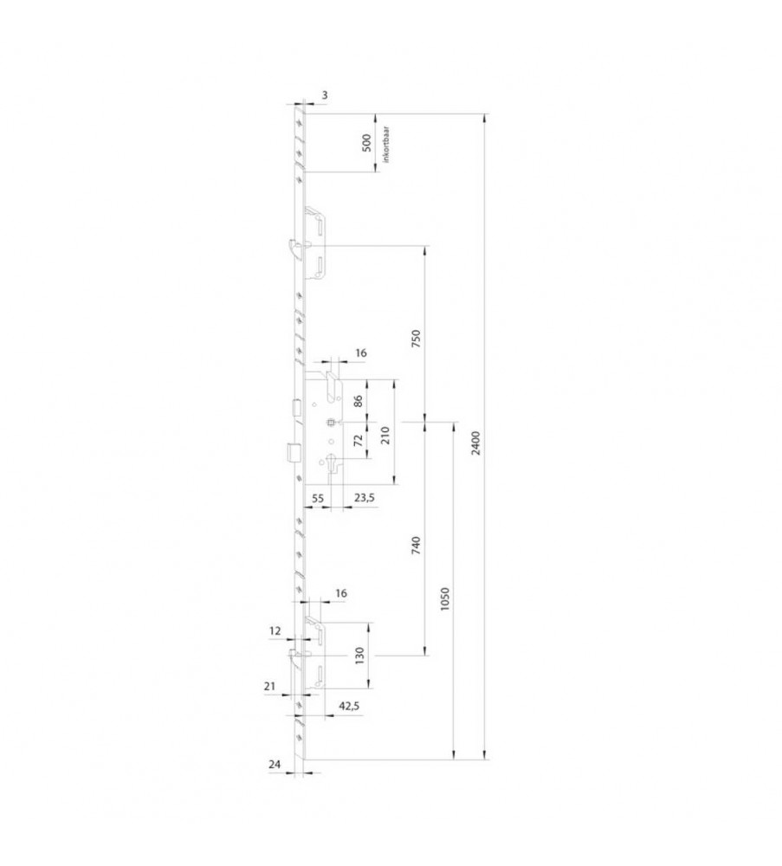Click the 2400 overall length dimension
tap(477, 443)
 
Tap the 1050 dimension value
tap(445, 598)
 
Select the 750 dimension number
tap(417, 339)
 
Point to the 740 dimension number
tap(417, 545)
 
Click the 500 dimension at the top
tap(366, 143)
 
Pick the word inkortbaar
tap(386, 144)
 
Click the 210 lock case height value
tap(385, 436)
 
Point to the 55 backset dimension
tap(318, 498)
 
